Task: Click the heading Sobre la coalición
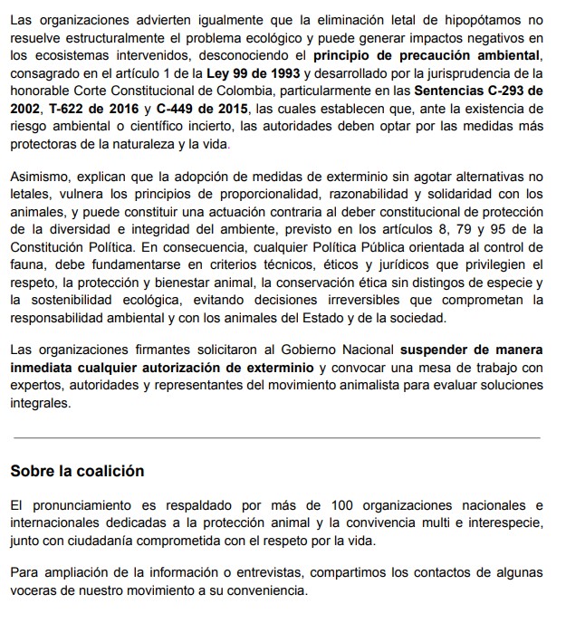click(78, 471)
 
